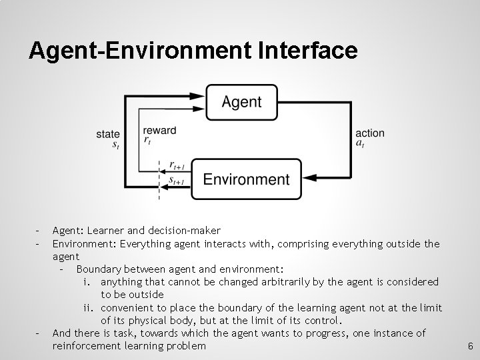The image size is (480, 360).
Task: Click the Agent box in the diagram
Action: click(241, 102)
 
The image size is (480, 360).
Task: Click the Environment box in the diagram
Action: click(246, 179)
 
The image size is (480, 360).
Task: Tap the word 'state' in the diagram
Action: click(108, 134)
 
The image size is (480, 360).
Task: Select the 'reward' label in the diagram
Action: click(160, 131)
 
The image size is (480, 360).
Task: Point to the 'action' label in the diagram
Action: click(370, 133)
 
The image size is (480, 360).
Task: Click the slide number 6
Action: click(470, 347)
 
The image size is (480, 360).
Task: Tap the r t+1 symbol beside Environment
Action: click(177, 165)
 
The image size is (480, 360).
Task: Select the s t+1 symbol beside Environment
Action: click(177, 180)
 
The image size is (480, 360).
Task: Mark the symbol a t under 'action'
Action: click(360, 143)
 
